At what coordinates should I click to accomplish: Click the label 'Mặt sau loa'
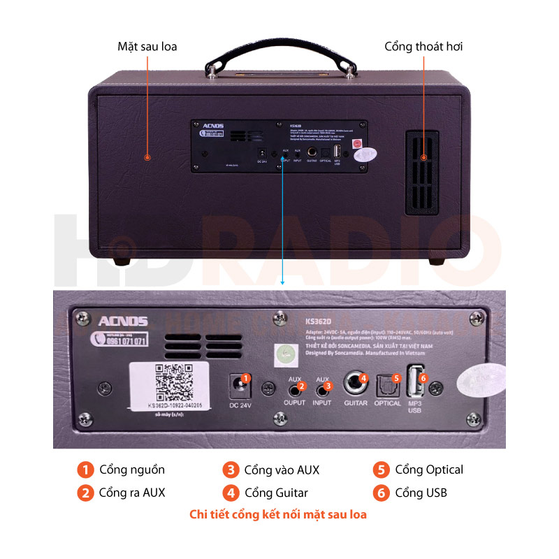tap(147, 47)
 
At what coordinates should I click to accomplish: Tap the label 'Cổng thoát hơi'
tap(423, 47)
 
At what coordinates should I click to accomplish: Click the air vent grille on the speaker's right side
tap(422, 173)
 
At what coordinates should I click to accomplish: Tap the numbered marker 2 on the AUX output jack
tap(302, 386)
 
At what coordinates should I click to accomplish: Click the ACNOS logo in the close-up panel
tap(123, 321)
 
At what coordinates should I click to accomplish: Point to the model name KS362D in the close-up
tap(319, 321)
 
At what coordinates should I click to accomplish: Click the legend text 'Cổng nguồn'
tap(132, 470)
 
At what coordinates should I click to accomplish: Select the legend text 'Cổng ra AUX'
tap(132, 493)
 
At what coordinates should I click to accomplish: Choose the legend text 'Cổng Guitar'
tap(276, 493)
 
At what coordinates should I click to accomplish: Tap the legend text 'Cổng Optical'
tap(429, 470)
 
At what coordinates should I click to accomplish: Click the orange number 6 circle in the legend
tap(381, 493)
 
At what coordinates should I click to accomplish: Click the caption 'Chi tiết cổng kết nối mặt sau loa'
tap(278, 515)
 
